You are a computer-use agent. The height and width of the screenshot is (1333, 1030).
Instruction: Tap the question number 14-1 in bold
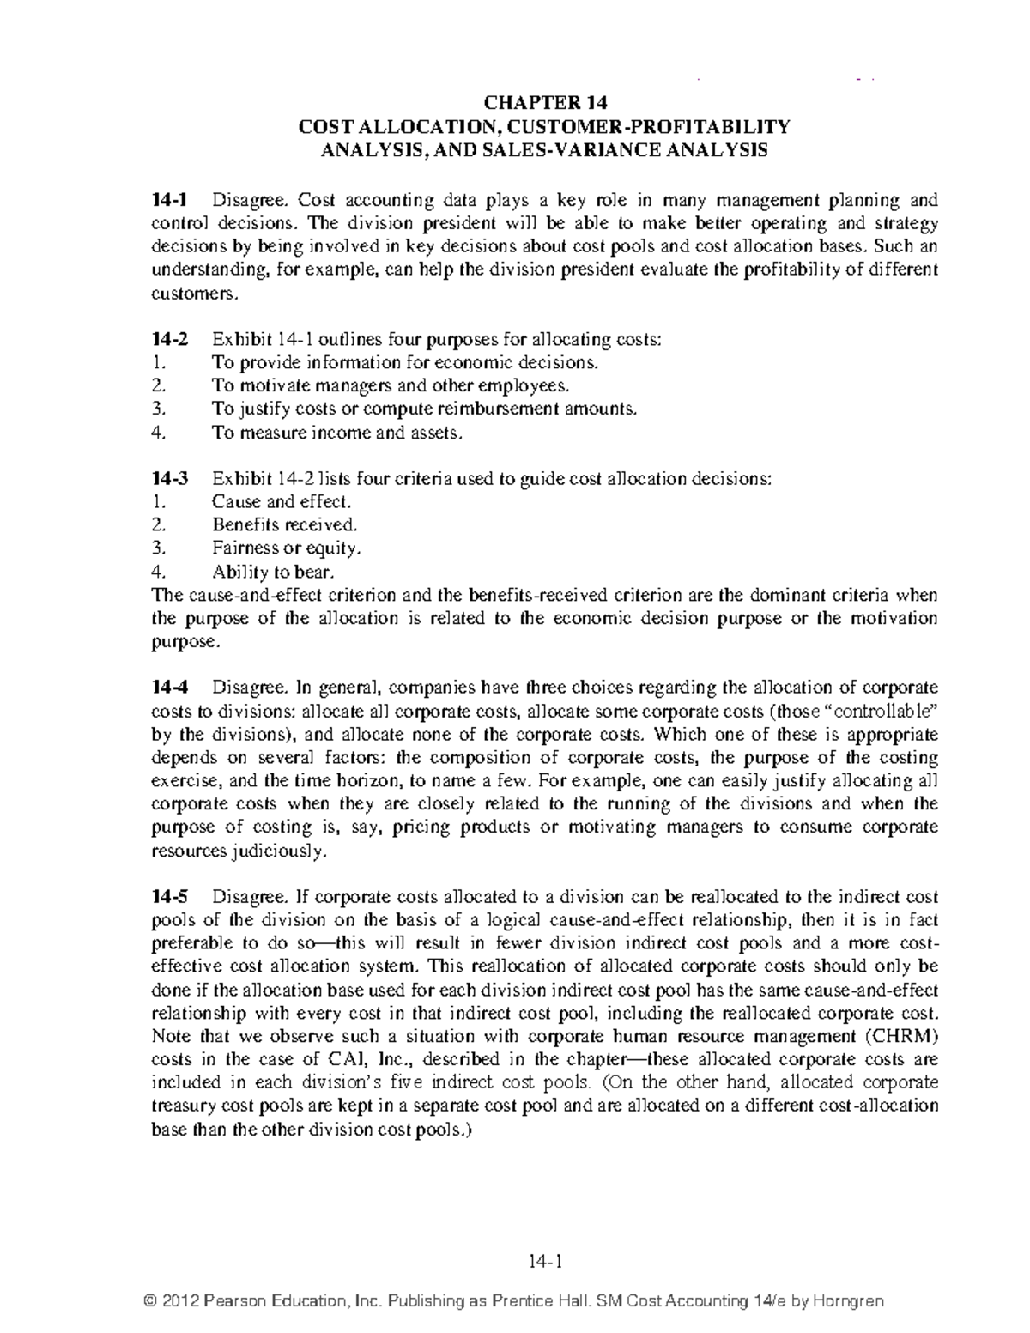pyautogui.click(x=168, y=201)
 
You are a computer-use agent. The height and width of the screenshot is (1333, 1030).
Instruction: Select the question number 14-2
pyautogui.click(x=168, y=340)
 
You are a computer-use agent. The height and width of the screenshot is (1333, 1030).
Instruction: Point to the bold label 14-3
pyautogui.click(x=168, y=479)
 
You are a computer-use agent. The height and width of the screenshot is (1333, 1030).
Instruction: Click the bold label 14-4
pyautogui.click(x=168, y=688)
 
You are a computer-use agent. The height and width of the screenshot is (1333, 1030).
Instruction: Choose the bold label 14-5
pyautogui.click(x=168, y=897)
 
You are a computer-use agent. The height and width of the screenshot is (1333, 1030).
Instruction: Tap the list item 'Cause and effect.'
pyautogui.click(x=282, y=502)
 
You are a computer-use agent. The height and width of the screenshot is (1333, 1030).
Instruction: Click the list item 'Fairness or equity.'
pyautogui.click(x=287, y=548)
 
